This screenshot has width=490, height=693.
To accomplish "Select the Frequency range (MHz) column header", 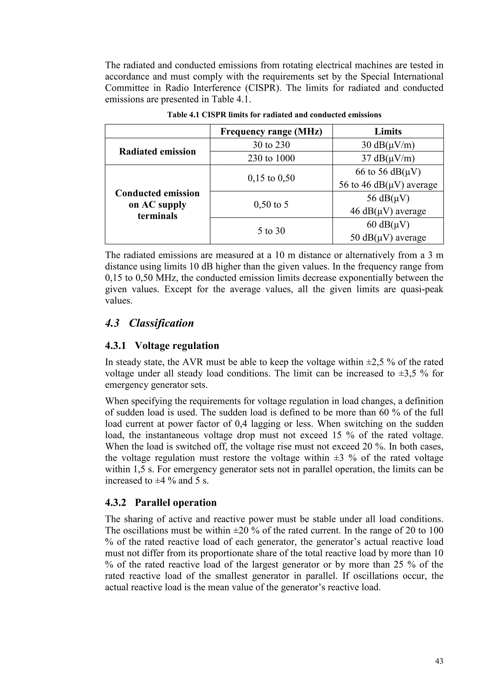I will click(271, 131).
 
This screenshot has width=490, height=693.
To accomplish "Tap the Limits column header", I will click(388, 131).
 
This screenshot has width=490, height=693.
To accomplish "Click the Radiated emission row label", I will click(157, 151).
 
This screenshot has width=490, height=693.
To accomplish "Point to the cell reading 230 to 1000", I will click(271, 158).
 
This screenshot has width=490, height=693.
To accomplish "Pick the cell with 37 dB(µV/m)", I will click(388, 158).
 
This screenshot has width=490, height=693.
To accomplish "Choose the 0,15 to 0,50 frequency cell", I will click(271, 178).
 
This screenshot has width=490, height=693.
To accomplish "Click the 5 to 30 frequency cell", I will click(271, 231).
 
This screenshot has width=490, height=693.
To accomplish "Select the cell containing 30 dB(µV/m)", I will click(388, 145).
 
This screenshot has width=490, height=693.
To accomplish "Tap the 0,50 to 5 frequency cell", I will click(271, 205).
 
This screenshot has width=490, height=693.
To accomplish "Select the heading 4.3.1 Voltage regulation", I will click(162, 345).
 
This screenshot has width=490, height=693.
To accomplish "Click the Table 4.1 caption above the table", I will click(274, 115).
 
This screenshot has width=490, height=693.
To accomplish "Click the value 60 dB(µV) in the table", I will click(388, 225).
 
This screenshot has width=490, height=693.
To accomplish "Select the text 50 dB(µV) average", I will click(388, 237).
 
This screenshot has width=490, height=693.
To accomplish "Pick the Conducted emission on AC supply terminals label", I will click(157, 205).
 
